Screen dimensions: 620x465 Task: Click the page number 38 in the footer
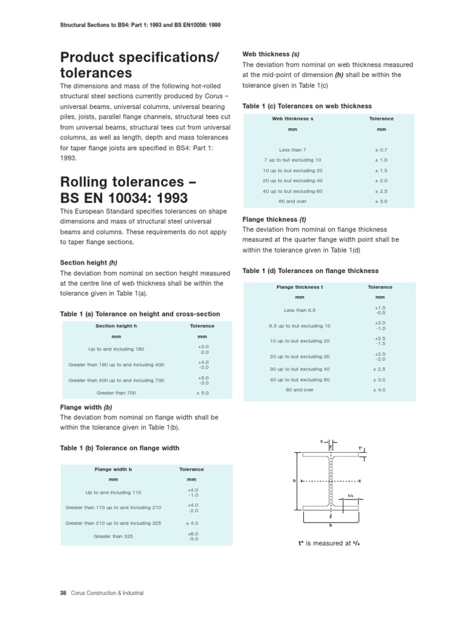tap(62, 593)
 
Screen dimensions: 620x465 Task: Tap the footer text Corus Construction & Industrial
tap(106, 593)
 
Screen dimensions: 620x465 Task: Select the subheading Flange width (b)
tap(86, 407)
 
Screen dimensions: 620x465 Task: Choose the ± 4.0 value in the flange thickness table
tap(380, 390)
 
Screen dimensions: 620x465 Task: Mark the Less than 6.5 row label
tap(300, 310)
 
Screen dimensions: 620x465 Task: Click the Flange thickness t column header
tap(300, 286)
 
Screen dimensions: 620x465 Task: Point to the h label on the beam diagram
tap(294, 481)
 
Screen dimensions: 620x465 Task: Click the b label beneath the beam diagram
tap(331, 526)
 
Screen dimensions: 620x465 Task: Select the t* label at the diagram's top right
tap(360, 449)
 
